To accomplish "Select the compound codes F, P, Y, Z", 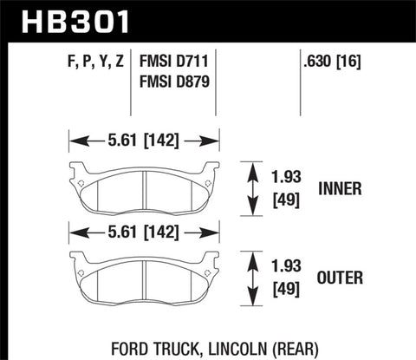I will [x=90, y=63].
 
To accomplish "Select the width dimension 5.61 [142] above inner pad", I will [x=142, y=140].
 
